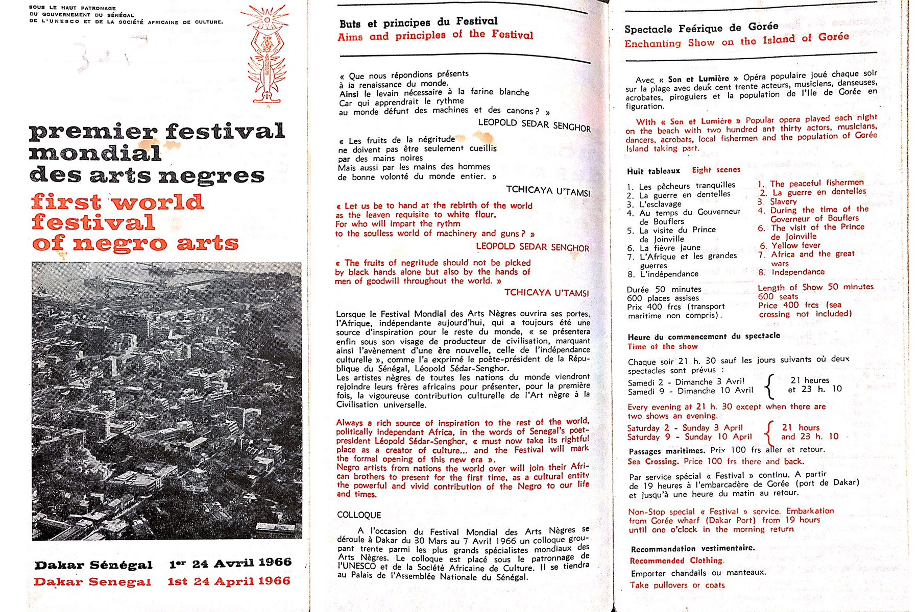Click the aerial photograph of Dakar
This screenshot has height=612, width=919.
(166, 400)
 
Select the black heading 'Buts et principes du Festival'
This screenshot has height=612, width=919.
(418, 22)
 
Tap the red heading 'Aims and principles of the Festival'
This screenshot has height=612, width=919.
(435, 36)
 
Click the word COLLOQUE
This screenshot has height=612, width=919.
(359, 515)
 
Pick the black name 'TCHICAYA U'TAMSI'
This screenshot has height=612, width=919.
(548, 191)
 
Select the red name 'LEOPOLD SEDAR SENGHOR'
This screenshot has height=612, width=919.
(532, 247)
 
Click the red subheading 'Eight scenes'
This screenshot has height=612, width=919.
(716, 170)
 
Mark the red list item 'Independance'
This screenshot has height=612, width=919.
(797, 272)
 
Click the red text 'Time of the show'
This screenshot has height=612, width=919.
(662, 347)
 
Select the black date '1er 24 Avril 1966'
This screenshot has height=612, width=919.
(230, 563)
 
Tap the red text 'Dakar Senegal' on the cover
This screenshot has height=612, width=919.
(92, 582)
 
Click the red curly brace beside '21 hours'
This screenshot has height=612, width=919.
(768, 432)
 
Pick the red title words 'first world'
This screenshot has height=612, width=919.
(117, 202)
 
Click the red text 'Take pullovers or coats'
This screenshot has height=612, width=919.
(677, 585)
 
